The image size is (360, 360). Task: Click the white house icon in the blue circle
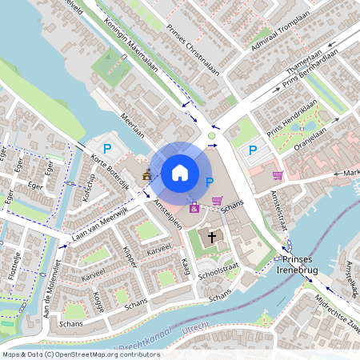tap(179, 172)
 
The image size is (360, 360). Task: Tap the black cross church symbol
tap(212, 237)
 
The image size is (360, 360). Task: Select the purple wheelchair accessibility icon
tap(194, 208)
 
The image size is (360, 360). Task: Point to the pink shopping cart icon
tap(217, 201)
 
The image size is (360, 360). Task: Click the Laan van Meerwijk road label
tap(101, 223)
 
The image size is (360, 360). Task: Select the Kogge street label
tap(98, 302)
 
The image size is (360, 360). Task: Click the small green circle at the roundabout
tap(212, 136)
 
